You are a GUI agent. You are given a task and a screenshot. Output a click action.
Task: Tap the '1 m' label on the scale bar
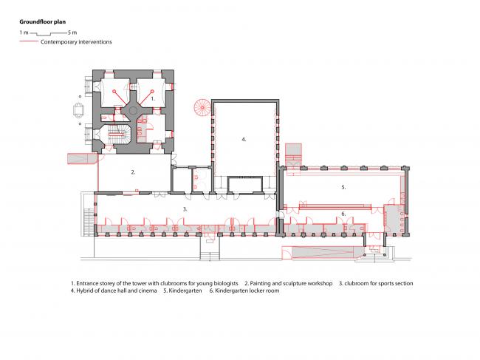coord(24,33)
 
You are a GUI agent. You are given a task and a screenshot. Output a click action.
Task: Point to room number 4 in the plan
coord(243,139)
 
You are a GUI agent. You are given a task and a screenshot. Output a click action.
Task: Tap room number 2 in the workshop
coord(133,172)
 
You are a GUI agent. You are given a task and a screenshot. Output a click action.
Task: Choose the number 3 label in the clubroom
coord(185,209)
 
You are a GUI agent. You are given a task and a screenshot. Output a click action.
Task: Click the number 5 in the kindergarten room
coord(343,188)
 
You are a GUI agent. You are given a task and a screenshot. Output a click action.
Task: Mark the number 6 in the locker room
coord(343,214)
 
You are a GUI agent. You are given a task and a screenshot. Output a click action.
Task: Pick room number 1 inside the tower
coord(152,98)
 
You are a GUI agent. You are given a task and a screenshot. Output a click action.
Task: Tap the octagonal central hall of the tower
coord(134,110)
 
